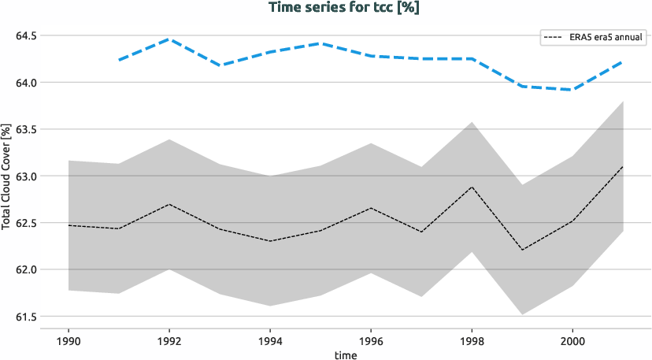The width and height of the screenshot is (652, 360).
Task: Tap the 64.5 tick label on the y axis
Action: [x=26, y=35]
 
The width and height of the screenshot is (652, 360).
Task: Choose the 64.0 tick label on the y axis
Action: [x=26, y=82]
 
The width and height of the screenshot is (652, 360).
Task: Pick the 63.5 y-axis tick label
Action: [x=26, y=129]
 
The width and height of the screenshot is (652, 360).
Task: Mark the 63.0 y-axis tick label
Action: [x=26, y=176]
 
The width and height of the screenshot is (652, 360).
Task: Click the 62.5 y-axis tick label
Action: [x=26, y=223]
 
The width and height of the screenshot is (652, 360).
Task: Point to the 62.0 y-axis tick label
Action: [x=26, y=269]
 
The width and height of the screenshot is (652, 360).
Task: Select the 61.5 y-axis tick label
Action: [x=26, y=317]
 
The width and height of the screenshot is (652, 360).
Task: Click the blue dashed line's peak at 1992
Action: [x=169, y=39]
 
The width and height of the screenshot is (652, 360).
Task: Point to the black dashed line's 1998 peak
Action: [x=472, y=187]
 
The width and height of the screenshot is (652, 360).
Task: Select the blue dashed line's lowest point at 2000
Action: [x=572, y=90]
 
